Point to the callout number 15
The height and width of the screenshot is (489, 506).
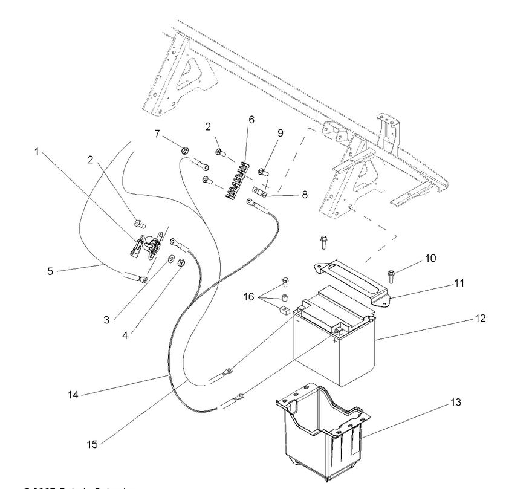pos(92,443)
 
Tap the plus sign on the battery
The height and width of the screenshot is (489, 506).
pos(334,340)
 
